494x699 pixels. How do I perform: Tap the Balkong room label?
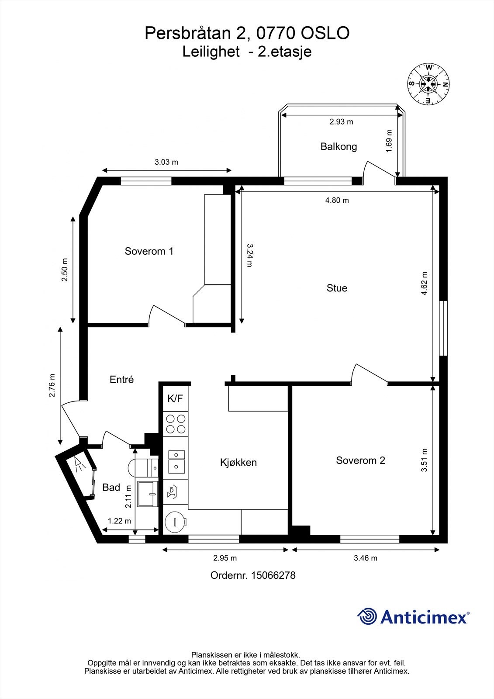coord(339,146)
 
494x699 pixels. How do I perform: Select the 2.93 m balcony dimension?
coord(341,122)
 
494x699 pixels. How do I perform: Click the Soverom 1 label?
coord(149,251)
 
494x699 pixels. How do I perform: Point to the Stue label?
coord(337,288)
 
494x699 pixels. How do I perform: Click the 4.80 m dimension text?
coord(337,201)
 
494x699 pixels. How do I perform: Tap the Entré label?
coord(121,380)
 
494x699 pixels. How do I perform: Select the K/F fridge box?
coord(175,398)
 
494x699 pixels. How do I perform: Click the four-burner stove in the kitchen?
coord(175,423)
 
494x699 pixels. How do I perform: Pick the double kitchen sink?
coord(176,461)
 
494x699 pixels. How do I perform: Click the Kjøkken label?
coord(238,462)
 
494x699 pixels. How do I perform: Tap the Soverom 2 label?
coord(360,460)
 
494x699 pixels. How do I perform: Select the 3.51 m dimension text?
coord(424,460)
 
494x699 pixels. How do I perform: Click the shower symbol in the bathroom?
coord(79,464)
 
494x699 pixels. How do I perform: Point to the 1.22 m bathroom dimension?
coord(119,521)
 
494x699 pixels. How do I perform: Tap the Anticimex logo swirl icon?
coord(367,616)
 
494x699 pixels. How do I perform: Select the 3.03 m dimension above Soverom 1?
coord(166,162)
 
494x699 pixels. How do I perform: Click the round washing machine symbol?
coord(176,521)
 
